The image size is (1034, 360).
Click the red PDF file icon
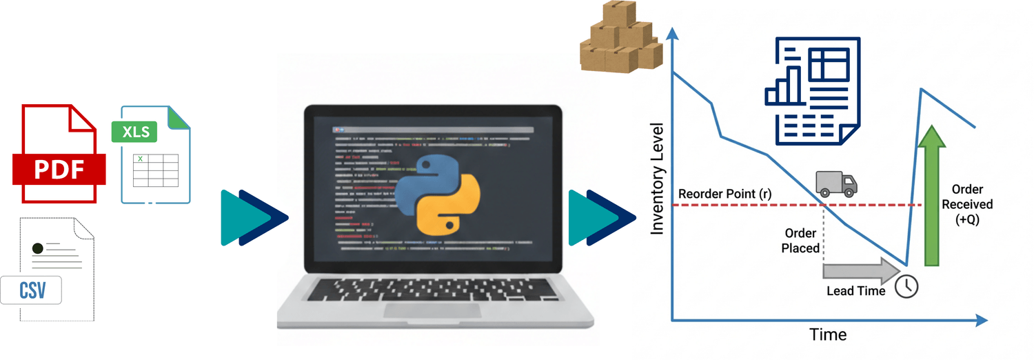click(59, 154)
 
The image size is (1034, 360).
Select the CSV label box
click(31, 290)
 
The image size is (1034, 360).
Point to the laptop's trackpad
click(433, 310)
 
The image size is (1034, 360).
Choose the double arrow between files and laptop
click(253, 217)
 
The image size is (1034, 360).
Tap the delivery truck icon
click(836, 183)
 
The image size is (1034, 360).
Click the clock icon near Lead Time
click(906, 286)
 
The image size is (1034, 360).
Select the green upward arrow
click(932, 196)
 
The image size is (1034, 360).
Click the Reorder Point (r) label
click(724, 194)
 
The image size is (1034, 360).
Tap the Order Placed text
click(800, 241)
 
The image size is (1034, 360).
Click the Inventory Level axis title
click(658, 179)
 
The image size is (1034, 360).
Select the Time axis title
click(828, 335)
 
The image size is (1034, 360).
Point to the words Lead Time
click(855, 291)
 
